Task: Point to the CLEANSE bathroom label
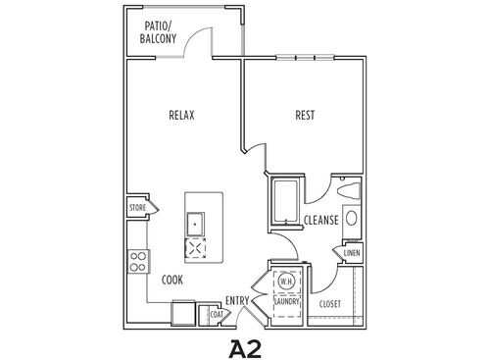pyautogui.click(x=320, y=221)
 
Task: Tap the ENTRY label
pyautogui.click(x=236, y=300)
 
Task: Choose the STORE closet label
pyautogui.click(x=138, y=208)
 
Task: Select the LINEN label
pyautogui.click(x=350, y=253)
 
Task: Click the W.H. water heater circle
pyautogui.click(x=287, y=282)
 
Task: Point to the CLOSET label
pyautogui.click(x=331, y=304)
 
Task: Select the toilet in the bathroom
pyautogui.click(x=349, y=188)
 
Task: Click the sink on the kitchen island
pyautogui.click(x=197, y=224)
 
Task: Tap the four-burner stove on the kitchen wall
pyautogui.click(x=139, y=261)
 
